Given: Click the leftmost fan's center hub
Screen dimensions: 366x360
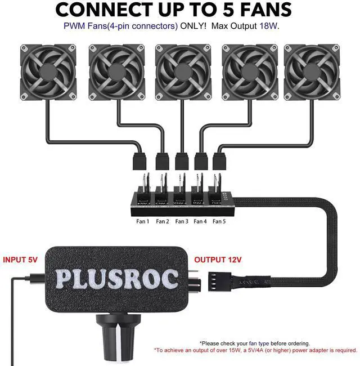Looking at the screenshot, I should click(x=48, y=72).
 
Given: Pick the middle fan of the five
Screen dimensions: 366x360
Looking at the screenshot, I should click(x=181, y=72).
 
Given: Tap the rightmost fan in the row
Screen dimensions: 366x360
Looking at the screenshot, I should click(x=312, y=72).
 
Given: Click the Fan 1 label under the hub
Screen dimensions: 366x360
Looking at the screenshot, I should click(x=143, y=221).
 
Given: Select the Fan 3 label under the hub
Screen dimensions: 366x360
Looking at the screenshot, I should click(x=181, y=221).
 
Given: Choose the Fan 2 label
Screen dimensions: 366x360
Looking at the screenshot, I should click(x=162, y=221).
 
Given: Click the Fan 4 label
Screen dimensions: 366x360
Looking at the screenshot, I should click(x=200, y=221).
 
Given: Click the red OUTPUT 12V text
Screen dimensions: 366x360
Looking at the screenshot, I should click(x=218, y=260).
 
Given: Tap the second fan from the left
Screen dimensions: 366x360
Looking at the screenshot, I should click(x=115, y=72).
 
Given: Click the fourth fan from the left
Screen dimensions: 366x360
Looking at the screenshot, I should click(x=246, y=72).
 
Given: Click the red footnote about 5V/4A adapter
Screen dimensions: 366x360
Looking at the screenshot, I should click(x=256, y=350).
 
